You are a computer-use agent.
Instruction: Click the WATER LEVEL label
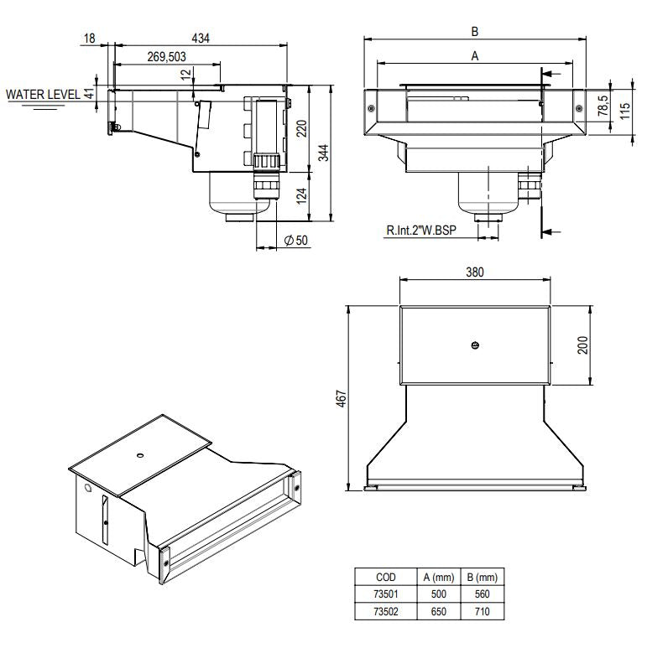(43, 95)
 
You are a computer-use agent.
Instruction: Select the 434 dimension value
(201, 38)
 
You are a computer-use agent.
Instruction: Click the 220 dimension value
(300, 127)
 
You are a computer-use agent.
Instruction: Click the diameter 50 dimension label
(296, 241)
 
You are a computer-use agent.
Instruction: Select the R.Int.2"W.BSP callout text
(421, 231)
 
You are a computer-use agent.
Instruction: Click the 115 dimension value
(624, 111)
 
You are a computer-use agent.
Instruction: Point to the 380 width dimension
(474, 272)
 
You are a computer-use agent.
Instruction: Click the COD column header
(386, 578)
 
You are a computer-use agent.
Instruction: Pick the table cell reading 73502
(386, 611)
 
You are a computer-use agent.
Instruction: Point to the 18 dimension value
(90, 38)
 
